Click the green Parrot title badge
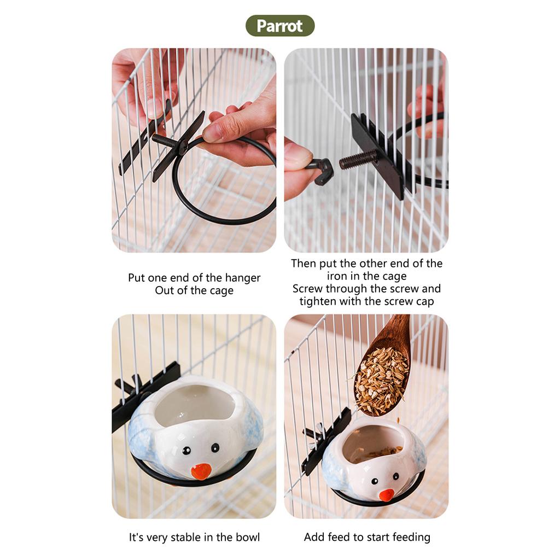coord(280,26)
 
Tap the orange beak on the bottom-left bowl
coord(201,471)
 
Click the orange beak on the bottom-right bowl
coord(387,494)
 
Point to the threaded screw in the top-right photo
coord(358,159)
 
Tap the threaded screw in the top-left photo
coord(164,141)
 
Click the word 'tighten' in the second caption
coord(318,301)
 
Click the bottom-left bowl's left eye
coord(186,451)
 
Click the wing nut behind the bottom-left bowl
coord(125,386)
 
